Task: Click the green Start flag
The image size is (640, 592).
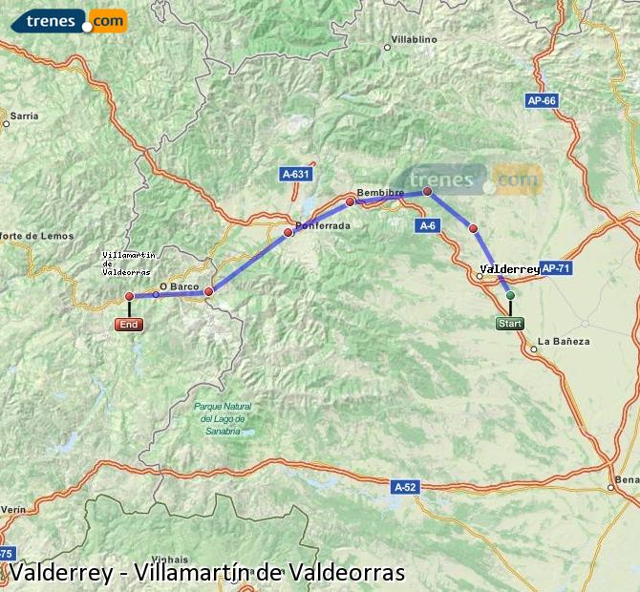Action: (510, 324)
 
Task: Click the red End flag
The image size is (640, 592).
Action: (128, 325)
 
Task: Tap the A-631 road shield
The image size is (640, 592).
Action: (297, 174)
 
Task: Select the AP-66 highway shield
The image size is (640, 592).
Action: (541, 100)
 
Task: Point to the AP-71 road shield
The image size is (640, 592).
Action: (555, 268)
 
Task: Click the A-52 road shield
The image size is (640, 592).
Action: (406, 487)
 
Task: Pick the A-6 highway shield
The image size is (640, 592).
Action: (426, 225)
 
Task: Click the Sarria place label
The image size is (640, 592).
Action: (24, 116)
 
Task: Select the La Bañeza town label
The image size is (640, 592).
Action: (564, 341)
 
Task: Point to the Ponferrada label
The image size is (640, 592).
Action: (323, 226)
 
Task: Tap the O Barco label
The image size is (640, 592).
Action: (177, 285)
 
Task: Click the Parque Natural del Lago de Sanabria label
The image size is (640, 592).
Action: (220, 418)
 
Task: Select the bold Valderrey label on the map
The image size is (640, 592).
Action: (509, 269)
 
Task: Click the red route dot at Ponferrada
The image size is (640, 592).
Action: (288, 232)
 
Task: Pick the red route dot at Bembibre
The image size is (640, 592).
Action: (350, 201)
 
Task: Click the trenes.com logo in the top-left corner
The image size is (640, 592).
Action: (63, 19)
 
